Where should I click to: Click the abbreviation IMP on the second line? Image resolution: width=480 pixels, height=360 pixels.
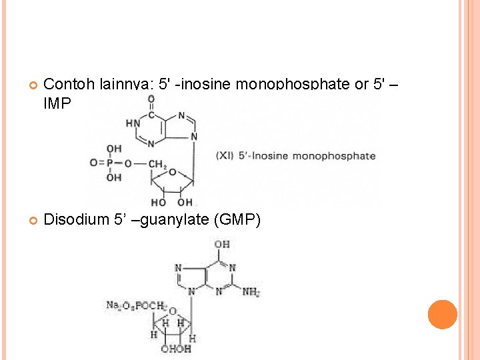pyautogui.click(x=57, y=103)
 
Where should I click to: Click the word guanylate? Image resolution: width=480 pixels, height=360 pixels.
pyautogui.click(x=174, y=219)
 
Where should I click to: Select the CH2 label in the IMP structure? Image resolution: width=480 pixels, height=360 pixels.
pyautogui.click(x=158, y=163)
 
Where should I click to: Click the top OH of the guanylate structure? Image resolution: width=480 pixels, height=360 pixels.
pyautogui.click(x=222, y=245)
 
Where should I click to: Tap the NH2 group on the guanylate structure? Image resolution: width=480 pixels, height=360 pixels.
pyautogui.click(x=251, y=292)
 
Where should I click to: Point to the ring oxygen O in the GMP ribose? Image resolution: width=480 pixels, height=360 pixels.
pyautogui.click(x=173, y=312)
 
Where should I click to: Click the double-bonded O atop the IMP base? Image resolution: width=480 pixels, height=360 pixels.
pyautogui.click(x=151, y=99)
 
